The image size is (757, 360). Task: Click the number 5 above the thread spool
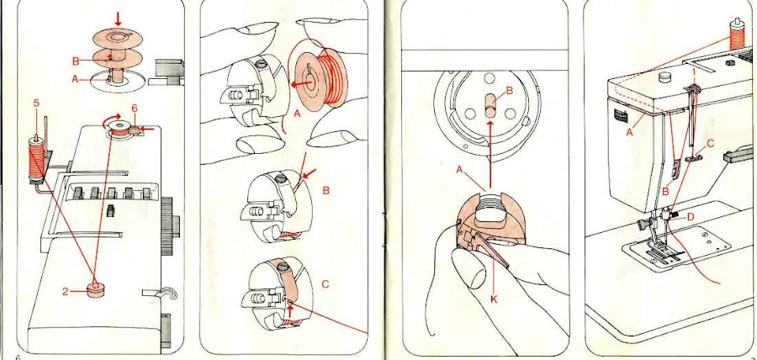(36, 103)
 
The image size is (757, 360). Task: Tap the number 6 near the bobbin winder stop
(135, 111)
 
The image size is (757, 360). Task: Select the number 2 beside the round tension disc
(65, 292)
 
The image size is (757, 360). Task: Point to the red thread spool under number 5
(36, 159)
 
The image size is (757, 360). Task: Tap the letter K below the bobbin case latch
(494, 299)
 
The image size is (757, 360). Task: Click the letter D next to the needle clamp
(690, 217)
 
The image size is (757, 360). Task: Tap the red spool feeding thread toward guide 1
(737, 35)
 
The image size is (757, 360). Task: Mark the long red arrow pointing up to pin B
(490, 155)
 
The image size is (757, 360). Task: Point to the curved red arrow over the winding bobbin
(112, 120)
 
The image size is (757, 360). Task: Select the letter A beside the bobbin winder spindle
(76, 80)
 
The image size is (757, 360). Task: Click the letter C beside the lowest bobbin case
(325, 284)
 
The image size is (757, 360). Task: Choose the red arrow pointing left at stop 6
(150, 130)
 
